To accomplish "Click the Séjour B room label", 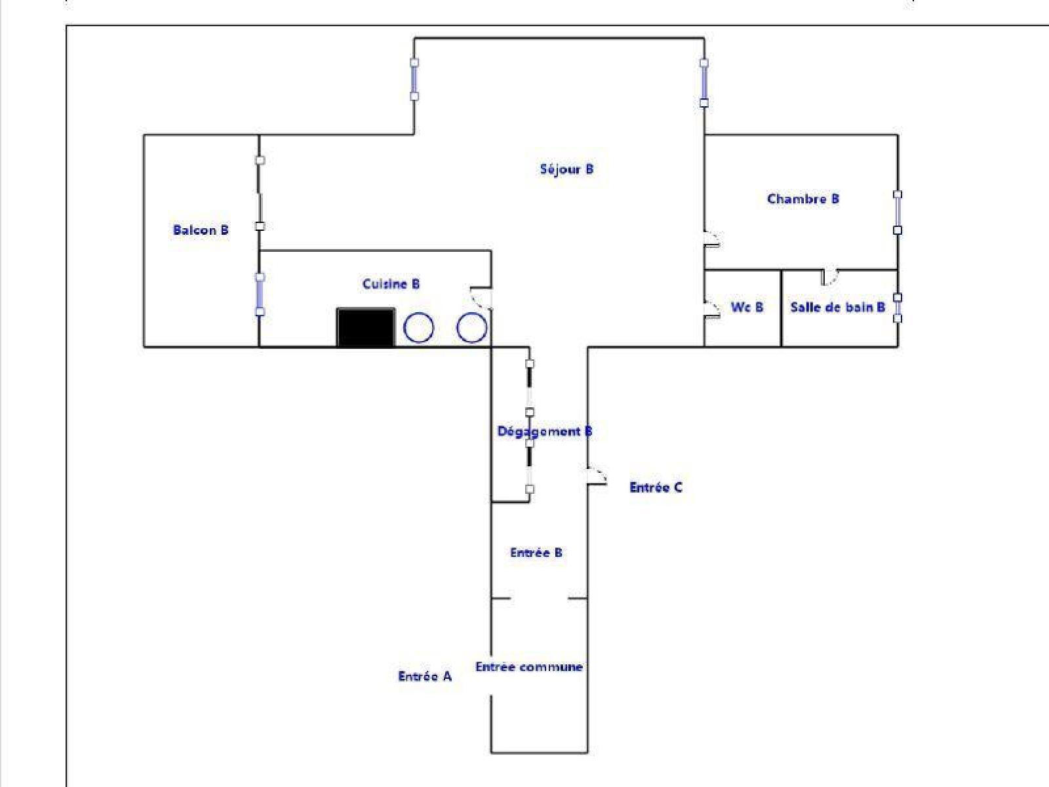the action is tap(567, 170).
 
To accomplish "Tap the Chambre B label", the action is tap(803, 199).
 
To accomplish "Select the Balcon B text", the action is tap(201, 230).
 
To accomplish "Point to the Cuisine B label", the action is tap(391, 285).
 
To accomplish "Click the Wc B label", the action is tap(747, 307).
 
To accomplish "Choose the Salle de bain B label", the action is tap(838, 307).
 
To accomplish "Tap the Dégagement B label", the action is tap(545, 432).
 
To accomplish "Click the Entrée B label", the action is tap(536, 553).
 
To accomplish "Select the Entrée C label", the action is tap(656, 488).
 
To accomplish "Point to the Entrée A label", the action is tap(425, 677).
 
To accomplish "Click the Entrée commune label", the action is tap(529, 667).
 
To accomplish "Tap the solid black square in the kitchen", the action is tap(366, 327).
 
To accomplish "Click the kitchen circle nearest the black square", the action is tap(419, 328).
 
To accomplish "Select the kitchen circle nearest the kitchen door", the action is tap(471, 328).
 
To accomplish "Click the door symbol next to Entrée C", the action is tap(597, 476).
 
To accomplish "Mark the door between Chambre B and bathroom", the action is tap(829, 277).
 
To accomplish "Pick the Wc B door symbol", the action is tap(712, 309).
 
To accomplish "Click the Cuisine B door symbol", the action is tap(481, 296).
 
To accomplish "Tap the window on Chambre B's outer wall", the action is tap(898, 212).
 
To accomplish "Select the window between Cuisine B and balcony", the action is tap(260, 294).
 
